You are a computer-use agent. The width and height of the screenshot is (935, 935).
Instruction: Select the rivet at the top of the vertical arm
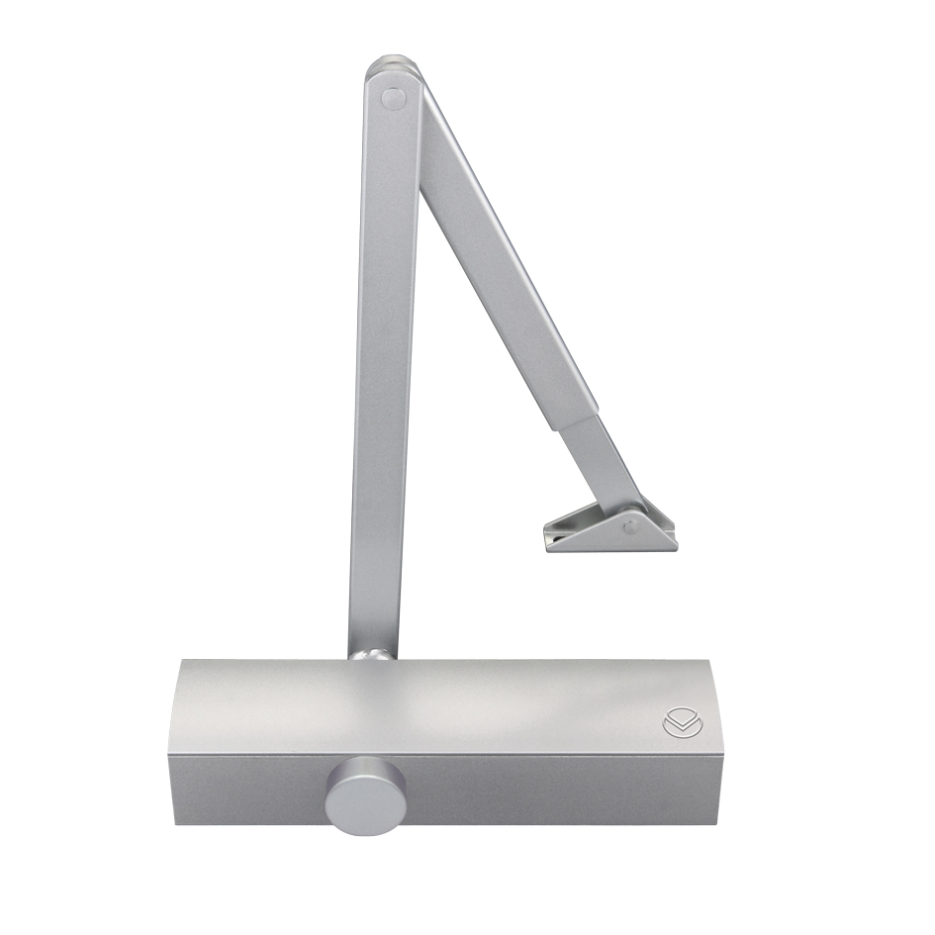point(393,98)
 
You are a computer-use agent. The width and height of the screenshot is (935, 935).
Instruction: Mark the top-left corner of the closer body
point(181,665)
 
